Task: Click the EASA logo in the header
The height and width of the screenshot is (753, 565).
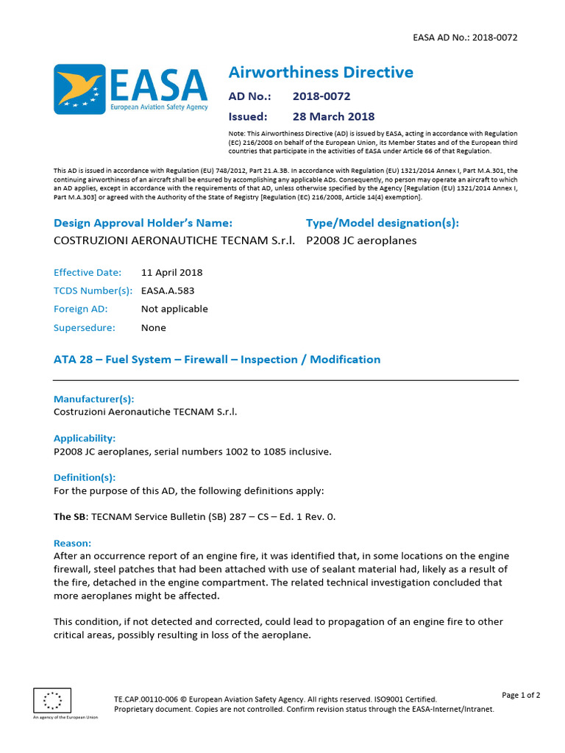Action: (x=131, y=90)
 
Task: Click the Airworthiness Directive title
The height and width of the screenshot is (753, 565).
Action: (x=321, y=72)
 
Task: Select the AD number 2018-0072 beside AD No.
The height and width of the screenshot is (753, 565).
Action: (x=321, y=96)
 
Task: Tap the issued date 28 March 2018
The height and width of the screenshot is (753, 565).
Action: (x=333, y=116)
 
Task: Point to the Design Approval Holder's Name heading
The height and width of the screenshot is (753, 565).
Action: (x=143, y=223)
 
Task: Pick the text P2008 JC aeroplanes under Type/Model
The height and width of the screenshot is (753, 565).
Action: (x=361, y=240)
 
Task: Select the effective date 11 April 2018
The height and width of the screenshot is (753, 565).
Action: (x=171, y=272)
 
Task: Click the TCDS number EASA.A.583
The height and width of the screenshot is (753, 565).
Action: (x=168, y=290)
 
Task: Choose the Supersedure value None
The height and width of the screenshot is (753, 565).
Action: (x=154, y=328)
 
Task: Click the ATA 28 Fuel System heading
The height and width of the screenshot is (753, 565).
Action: (x=217, y=360)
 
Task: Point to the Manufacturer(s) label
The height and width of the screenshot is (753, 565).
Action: (x=94, y=399)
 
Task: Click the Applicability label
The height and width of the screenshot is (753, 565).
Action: (x=85, y=438)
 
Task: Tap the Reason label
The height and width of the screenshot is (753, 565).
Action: (x=72, y=543)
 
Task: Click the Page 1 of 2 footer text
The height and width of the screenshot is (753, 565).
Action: (x=521, y=695)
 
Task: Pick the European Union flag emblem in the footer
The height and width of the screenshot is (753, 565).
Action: (x=53, y=699)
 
